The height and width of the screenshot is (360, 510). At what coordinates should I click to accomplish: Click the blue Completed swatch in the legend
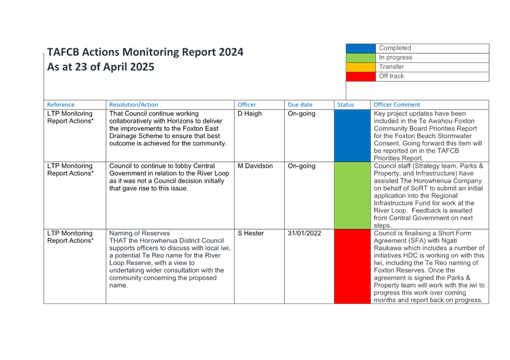pyautogui.click(x=361, y=48)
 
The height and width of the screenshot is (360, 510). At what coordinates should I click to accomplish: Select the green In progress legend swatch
pyautogui.click(x=361, y=58)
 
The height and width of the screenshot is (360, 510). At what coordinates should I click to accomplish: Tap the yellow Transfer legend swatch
pyautogui.click(x=361, y=68)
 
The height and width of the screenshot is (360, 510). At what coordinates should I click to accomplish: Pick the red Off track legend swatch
pyautogui.click(x=361, y=76)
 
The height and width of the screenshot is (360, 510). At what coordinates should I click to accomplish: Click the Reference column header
pyautogui.click(x=61, y=105)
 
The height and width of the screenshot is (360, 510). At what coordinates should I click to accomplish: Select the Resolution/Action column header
pyautogui.click(x=133, y=105)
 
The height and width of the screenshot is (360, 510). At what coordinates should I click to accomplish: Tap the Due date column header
pyautogui.click(x=300, y=105)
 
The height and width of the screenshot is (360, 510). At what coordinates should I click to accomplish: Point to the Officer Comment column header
pyautogui.click(x=397, y=105)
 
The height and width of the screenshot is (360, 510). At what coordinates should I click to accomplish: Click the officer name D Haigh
pyautogui.click(x=249, y=114)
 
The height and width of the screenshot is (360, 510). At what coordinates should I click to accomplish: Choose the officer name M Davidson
pyautogui.click(x=255, y=166)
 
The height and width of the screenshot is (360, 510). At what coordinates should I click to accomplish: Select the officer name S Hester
pyautogui.click(x=251, y=233)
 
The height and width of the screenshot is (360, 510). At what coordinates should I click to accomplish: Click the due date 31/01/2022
pyautogui.click(x=304, y=233)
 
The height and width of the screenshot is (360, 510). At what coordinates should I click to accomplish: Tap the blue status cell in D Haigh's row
pyautogui.click(x=352, y=136)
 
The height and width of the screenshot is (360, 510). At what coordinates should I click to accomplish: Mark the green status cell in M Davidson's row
pyautogui.click(x=352, y=196)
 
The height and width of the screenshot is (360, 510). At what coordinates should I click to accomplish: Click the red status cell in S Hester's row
pyautogui.click(x=352, y=267)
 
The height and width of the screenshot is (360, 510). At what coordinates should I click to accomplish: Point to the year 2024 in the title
pyautogui.click(x=231, y=52)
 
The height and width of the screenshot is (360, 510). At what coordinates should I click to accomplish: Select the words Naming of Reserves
pyautogui.click(x=139, y=233)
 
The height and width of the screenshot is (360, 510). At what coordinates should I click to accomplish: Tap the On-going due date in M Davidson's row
pyautogui.click(x=301, y=166)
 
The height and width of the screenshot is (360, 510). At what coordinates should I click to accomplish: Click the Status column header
pyautogui.click(x=346, y=105)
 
